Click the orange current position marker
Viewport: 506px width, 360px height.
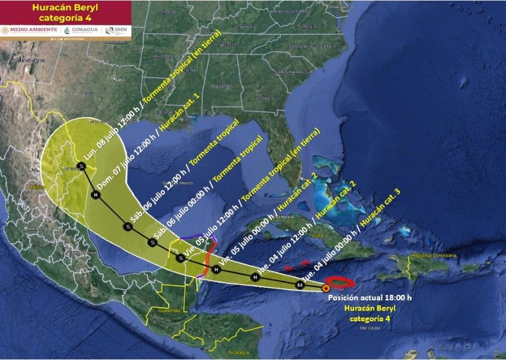(x=325, y=288)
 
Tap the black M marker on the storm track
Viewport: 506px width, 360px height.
(x=300, y=286)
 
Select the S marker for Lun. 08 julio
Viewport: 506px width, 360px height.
(x=81, y=166)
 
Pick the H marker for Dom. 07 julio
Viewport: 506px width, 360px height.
(x=96, y=196)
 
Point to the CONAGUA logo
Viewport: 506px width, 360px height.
(x=81, y=30)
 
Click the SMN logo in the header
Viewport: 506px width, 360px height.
(x=115, y=30)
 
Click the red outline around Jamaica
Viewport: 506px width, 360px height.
(x=341, y=284)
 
